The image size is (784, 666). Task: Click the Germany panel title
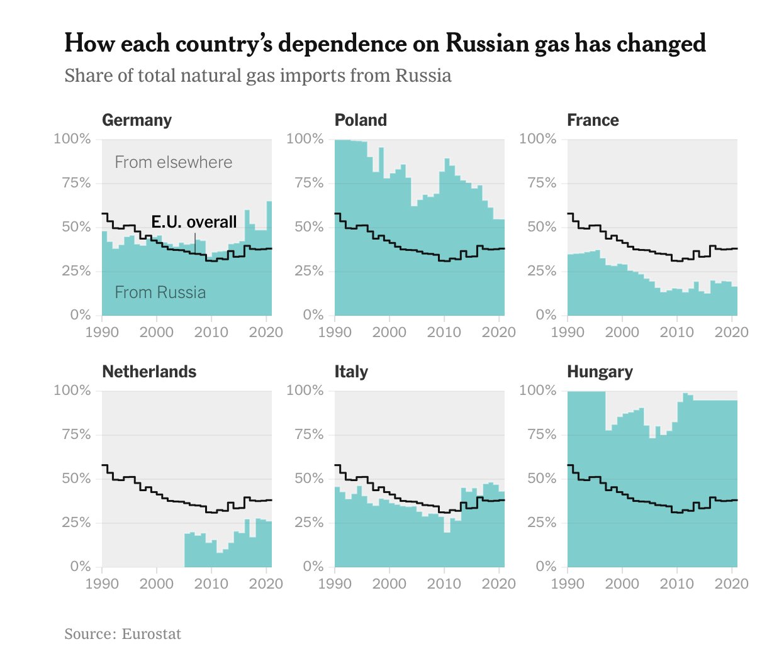pyautogui.click(x=137, y=120)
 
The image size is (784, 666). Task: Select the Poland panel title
pyautogui.click(x=361, y=120)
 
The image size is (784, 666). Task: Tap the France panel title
pyautogui.click(x=593, y=120)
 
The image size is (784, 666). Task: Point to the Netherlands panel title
pyautogui.click(x=149, y=372)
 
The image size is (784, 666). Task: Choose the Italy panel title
pyautogui.click(x=351, y=372)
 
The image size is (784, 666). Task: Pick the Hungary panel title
pyautogui.click(x=600, y=372)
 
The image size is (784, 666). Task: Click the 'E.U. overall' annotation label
pyautogui.click(x=194, y=222)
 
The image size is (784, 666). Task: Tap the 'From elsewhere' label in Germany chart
pyautogui.click(x=174, y=162)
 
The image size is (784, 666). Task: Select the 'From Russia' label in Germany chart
pyautogui.click(x=160, y=292)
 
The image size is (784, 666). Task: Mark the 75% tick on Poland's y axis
pyautogui.click(x=308, y=183)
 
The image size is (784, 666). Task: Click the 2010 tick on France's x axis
pyautogui.click(x=677, y=332)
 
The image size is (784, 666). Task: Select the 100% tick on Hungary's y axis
pyautogui.click(x=538, y=391)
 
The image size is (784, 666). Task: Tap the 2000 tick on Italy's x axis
pyautogui.click(x=389, y=584)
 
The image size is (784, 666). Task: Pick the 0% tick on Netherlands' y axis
pyautogui.click(x=81, y=567)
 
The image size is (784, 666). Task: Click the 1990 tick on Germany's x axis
pyautogui.click(x=102, y=332)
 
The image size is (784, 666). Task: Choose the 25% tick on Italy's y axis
pyautogui.click(x=308, y=523)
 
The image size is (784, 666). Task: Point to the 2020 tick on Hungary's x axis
pyautogui.click(x=731, y=584)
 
